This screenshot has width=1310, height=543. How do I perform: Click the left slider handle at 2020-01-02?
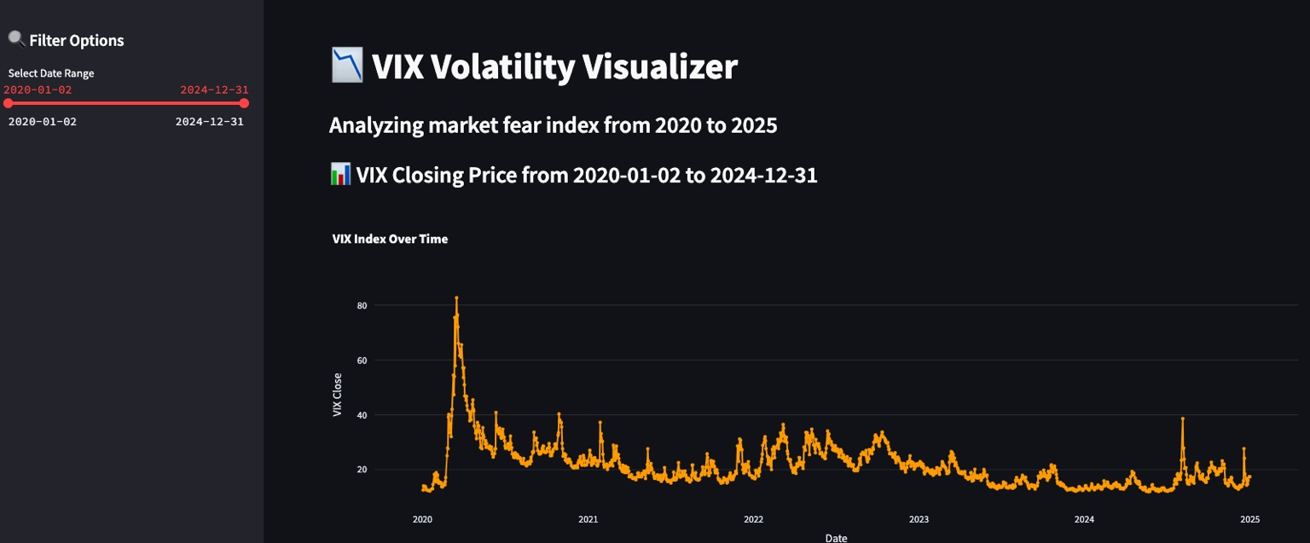(9, 103)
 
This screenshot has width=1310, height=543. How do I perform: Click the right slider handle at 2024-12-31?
(244, 103)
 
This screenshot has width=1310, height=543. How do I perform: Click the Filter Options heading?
(76, 40)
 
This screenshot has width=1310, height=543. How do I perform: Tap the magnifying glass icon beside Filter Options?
(16, 39)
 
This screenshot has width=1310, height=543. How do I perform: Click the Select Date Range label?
(51, 73)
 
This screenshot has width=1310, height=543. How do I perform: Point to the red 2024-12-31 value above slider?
(214, 90)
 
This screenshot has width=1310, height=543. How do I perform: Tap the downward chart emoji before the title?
(347, 66)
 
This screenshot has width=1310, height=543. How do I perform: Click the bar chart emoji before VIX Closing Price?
(339, 175)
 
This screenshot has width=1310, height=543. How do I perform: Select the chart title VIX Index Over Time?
(390, 240)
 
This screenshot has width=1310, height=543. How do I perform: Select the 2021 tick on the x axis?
(588, 519)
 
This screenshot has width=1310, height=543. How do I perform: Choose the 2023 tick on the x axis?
(919, 519)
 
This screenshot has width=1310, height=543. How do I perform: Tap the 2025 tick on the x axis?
(1249, 519)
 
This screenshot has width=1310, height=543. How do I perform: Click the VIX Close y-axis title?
(338, 396)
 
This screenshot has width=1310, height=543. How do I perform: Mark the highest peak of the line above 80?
(456, 297)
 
